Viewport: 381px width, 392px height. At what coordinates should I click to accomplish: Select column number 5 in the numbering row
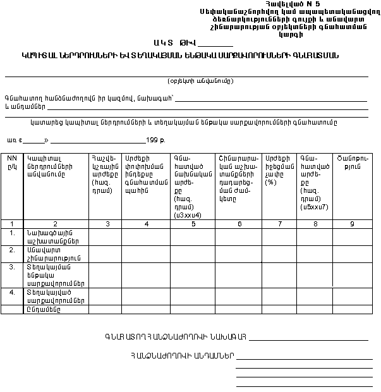[x=193, y=223]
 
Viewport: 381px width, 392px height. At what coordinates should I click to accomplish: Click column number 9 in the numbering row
[x=352, y=223]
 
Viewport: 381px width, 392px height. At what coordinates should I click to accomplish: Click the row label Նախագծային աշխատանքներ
[x=52, y=236]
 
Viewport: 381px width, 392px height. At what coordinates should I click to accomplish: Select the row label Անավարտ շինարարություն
[x=51, y=254]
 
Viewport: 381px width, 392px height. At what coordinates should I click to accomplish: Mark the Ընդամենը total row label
[x=43, y=309]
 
